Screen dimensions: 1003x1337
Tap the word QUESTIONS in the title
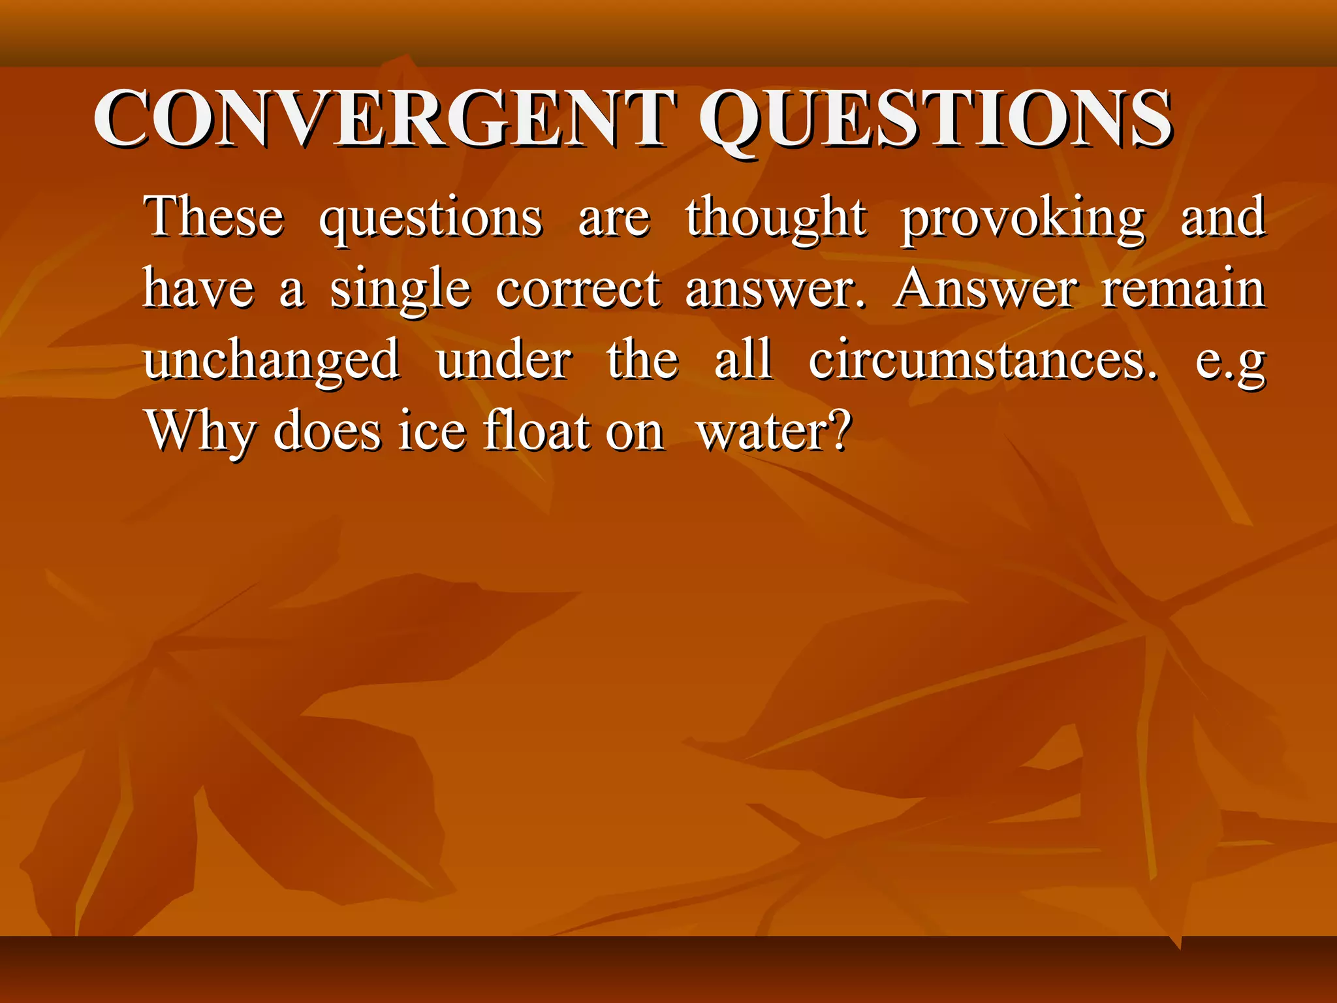click(x=935, y=119)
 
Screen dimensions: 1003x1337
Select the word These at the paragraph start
click(x=214, y=217)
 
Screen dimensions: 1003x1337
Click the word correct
click(x=578, y=289)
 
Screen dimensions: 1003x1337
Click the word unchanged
click(x=272, y=360)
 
